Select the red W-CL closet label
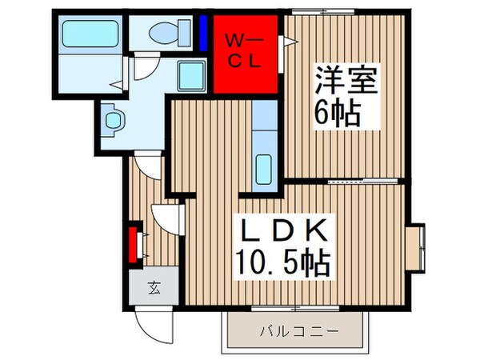(242, 50)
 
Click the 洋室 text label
(344, 80)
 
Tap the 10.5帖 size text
(284, 261)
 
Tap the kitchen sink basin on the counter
(264, 169)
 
